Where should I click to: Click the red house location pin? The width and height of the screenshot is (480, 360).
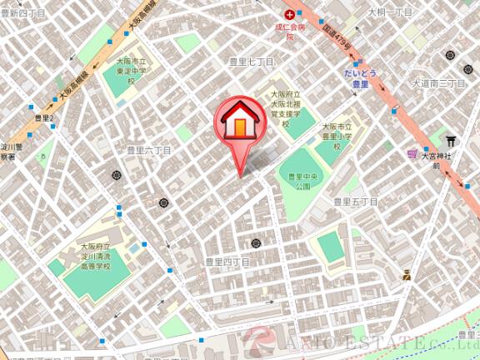(240, 125)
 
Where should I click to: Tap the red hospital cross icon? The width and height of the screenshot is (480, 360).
(290, 15)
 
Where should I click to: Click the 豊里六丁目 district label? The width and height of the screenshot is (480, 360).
(148, 151)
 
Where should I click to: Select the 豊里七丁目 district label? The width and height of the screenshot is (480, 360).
(252, 62)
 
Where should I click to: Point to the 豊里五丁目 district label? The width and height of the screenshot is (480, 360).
(356, 202)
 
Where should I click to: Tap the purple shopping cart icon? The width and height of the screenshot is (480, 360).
(412, 154)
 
